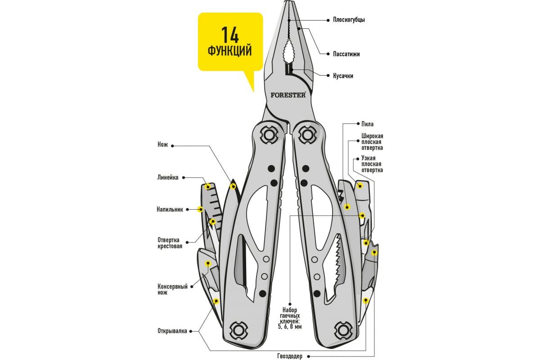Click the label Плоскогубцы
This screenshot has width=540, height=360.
tap(348, 20)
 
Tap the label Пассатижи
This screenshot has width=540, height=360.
tap(346, 54)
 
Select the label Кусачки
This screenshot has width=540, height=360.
tap(343, 76)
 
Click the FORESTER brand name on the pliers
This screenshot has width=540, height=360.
tap(288, 95)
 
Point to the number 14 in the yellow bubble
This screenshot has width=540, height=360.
tap(229, 36)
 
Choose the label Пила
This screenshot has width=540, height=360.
tap(367, 124)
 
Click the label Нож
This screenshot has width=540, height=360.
tap(162, 145)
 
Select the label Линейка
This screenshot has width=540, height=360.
tap(168, 177)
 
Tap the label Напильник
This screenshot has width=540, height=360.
tap(170, 209)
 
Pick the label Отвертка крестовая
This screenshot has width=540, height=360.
tap(170, 243)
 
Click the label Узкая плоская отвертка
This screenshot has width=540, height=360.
tap(372, 164)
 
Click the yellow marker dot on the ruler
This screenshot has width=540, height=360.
tap(208, 186)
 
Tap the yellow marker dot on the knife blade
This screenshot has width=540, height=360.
tap(233, 186)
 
